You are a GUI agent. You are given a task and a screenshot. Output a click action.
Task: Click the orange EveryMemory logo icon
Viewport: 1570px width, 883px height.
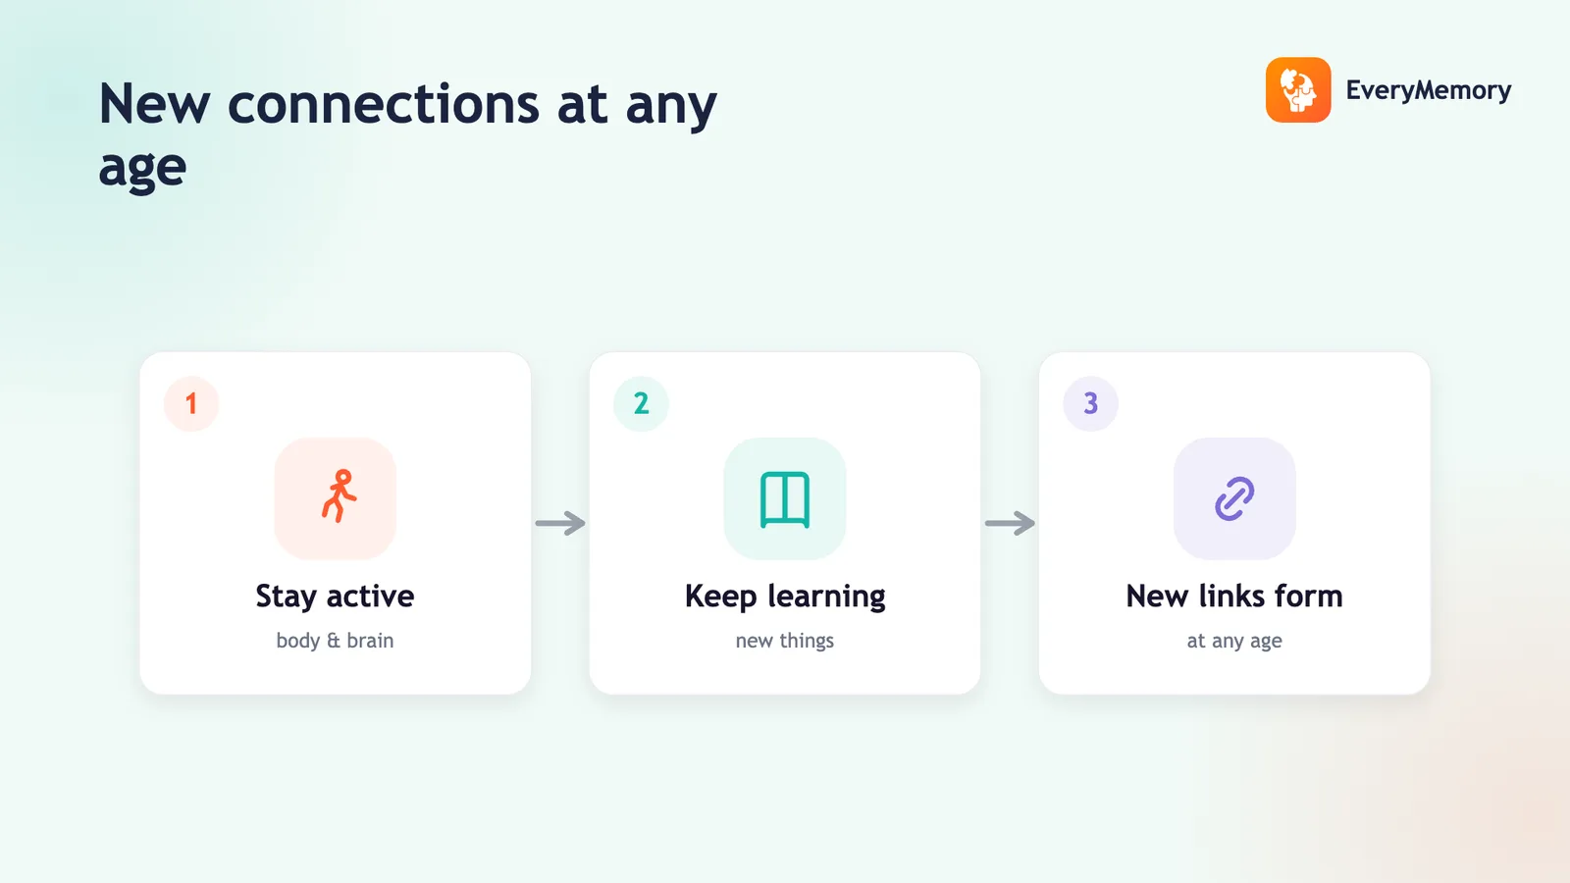[1298, 89]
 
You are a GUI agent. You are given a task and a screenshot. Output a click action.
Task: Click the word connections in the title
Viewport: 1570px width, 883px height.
[384, 104]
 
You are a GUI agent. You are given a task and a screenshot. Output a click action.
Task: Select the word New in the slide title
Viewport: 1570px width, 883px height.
[154, 104]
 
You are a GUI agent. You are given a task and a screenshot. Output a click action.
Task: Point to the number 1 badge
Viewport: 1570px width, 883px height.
[191, 403]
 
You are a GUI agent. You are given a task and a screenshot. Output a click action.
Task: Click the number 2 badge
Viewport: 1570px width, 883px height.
[641, 403]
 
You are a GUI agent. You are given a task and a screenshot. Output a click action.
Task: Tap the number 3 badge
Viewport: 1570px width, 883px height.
[1090, 403]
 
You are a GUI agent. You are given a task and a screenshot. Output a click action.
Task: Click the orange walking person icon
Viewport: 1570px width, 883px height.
[340, 496]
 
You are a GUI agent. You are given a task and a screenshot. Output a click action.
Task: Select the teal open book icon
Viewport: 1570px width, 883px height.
[785, 499]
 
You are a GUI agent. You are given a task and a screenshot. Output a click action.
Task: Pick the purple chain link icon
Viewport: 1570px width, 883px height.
[1234, 499]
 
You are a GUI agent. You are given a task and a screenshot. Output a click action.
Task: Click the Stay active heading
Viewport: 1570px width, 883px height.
[335, 597]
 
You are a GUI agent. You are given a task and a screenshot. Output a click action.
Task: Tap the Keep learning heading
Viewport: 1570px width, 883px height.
[785, 597]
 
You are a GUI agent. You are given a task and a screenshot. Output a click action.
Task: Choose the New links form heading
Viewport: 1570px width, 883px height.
[1234, 597]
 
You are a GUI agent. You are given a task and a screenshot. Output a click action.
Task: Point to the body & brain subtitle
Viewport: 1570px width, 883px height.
[335, 641]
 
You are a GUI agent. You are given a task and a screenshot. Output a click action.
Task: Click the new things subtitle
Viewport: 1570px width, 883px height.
[785, 641]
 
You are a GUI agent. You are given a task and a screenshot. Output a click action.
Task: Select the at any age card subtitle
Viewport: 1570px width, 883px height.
[1234, 642]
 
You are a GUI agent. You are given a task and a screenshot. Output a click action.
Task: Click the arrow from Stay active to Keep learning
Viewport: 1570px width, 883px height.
[560, 523]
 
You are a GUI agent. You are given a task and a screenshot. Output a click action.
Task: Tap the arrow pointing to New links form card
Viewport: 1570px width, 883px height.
[1010, 523]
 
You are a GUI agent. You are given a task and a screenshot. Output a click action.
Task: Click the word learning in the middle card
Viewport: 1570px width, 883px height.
[826, 597]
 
